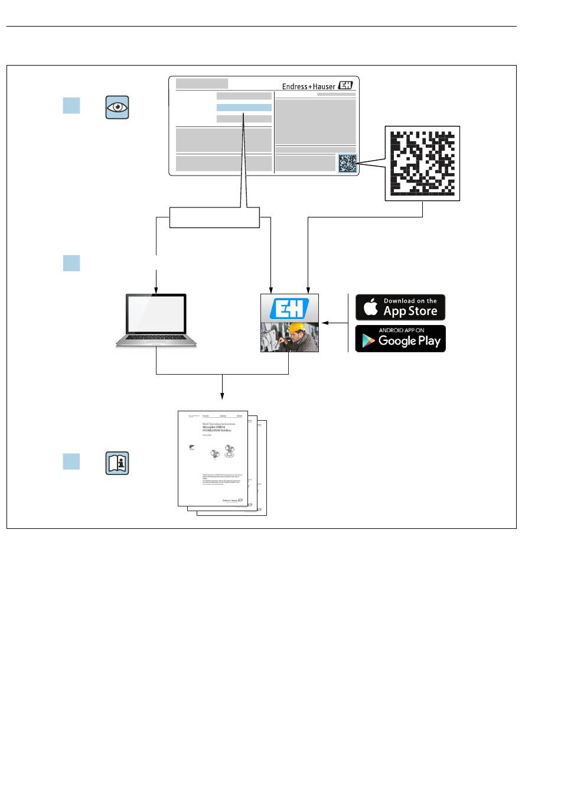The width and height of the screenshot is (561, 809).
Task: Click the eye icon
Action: point(117,107)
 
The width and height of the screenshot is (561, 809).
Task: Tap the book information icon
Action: point(117,463)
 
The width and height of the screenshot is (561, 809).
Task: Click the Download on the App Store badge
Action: point(400,307)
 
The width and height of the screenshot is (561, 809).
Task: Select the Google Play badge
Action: point(400,339)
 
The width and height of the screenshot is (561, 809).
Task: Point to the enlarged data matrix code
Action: point(422,164)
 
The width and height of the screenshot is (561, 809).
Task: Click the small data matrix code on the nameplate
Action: point(348,163)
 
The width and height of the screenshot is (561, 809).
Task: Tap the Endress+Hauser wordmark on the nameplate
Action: point(308,86)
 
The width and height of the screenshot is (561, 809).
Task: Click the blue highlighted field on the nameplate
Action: point(244,108)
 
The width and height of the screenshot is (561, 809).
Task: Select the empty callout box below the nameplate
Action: point(214,217)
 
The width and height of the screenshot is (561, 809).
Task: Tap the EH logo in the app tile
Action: point(289,309)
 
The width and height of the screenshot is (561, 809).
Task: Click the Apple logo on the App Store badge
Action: point(370,307)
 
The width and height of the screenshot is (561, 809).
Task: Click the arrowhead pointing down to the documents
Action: point(222,395)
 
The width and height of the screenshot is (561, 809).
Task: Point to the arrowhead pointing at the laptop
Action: point(156,290)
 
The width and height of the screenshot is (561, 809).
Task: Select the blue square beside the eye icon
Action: point(71,106)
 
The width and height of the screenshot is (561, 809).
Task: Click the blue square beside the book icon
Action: point(71,462)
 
